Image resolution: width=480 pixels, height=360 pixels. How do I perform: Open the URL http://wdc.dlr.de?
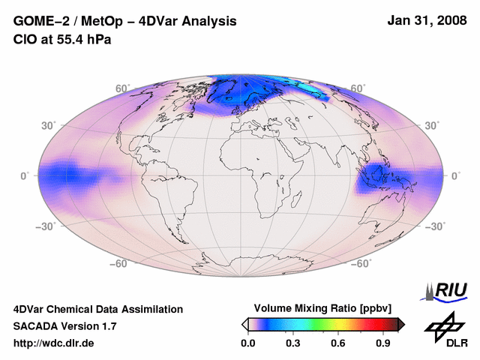click(54, 343)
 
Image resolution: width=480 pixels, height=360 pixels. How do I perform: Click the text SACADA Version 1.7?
click(65, 326)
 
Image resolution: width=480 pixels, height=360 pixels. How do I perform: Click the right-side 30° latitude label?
click(433, 124)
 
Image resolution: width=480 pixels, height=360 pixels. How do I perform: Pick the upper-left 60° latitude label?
click(121, 88)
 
